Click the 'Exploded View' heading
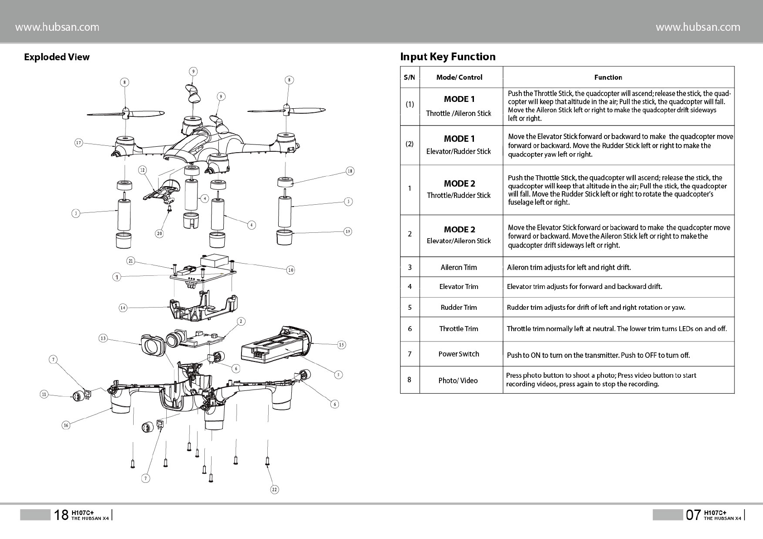[57, 57]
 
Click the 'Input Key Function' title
[448, 57]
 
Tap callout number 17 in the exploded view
[79, 143]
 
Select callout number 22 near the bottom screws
[275, 489]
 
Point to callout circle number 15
[342, 345]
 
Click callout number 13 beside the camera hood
[103, 338]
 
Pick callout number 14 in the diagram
[123, 308]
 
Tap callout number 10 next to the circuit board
[290, 270]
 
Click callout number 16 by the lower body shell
[66, 425]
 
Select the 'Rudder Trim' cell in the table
[459, 308]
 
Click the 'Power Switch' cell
[459, 354]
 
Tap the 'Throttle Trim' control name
[459, 329]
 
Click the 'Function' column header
[608, 77]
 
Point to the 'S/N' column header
[409, 77]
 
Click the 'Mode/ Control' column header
[459, 77]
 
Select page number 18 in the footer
[61, 515]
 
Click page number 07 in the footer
[693, 515]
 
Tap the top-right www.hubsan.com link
[698, 27]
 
